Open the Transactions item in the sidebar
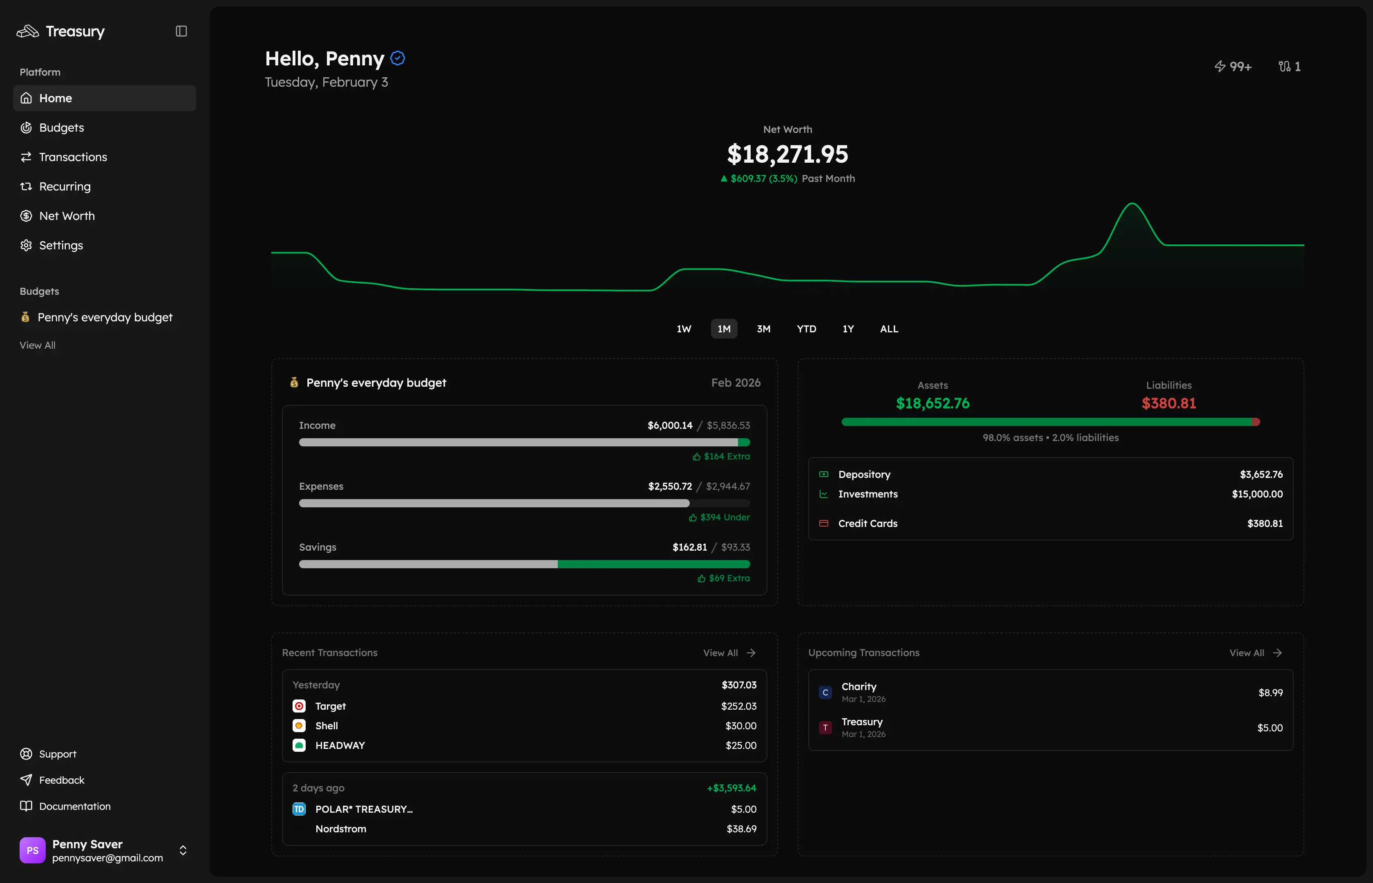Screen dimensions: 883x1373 click(x=73, y=157)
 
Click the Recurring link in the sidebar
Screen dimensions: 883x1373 click(x=65, y=186)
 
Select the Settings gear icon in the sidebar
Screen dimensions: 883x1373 click(x=26, y=245)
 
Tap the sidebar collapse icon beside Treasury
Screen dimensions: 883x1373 click(x=181, y=31)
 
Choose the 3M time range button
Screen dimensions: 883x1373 click(x=763, y=329)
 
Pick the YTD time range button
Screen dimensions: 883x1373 click(x=806, y=329)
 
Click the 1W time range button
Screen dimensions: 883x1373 click(x=684, y=329)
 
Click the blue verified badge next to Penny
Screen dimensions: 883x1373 click(x=398, y=58)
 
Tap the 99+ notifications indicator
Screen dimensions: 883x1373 click(x=1233, y=67)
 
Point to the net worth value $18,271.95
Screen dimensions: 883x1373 click(x=787, y=154)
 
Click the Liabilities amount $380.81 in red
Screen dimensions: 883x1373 click(x=1168, y=403)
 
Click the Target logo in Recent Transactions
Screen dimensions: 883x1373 click(x=299, y=706)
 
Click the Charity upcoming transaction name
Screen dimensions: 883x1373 click(x=859, y=686)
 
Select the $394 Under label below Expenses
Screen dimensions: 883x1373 click(x=725, y=517)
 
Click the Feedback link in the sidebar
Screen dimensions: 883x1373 click(x=61, y=780)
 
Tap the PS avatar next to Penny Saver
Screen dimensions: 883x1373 click(x=33, y=850)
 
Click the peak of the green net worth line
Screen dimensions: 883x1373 click(x=1132, y=204)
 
